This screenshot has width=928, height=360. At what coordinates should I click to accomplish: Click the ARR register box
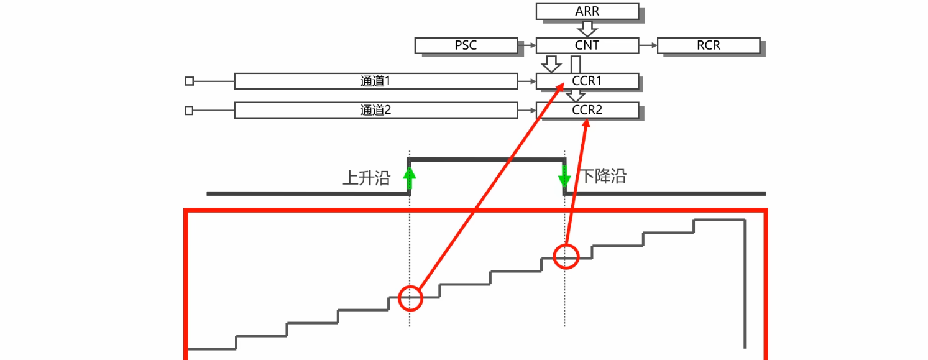pyautogui.click(x=587, y=11)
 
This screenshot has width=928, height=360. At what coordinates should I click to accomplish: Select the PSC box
pyautogui.click(x=466, y=45)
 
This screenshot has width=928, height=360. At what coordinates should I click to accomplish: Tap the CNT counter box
pyautogui.click(x=587, y=45)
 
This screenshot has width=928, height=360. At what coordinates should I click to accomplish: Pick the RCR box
pyautogui.click(x=708, y=45)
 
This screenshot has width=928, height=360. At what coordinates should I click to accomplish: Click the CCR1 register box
pyautogui.click(x=587, y=81)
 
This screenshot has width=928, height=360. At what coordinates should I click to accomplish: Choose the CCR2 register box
pyautogui.click(x=587, y=110)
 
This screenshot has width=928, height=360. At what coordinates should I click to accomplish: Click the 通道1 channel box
pyautogui.click(x=375, y=81)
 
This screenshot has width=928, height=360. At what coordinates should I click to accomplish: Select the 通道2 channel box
pyautogui.click(x=375, y=110)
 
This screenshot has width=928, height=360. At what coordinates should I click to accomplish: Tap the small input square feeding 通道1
pyautogui.click(x=190, y=81)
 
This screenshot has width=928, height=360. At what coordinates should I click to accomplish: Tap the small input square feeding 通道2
pyautogui.click(x=190, y=110)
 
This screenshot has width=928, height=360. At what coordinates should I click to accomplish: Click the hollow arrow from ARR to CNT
pyautogui.click(x=587, y=28)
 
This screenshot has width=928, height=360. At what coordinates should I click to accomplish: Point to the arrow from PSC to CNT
pyautogui.click(x=526, y=45)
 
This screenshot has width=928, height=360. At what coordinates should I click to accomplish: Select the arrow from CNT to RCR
pyautogui.click(x=648, y=45)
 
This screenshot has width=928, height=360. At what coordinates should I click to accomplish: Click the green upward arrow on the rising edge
pyautogui.click(x=409, y=179)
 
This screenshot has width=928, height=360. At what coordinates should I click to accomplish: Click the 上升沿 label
pyautogui.click(x=367, y=178)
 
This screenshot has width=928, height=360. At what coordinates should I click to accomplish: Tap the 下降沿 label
pyautogui.click(x=604, y=177)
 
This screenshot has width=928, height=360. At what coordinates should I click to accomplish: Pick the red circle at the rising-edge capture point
pyautogui.click(x=410, y=298)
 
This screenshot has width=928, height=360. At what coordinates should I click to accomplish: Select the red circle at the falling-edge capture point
pyautogui.click(x=566, y=256)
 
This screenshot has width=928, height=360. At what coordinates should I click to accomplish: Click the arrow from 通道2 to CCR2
pyautogui.click(x=526, y=110)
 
